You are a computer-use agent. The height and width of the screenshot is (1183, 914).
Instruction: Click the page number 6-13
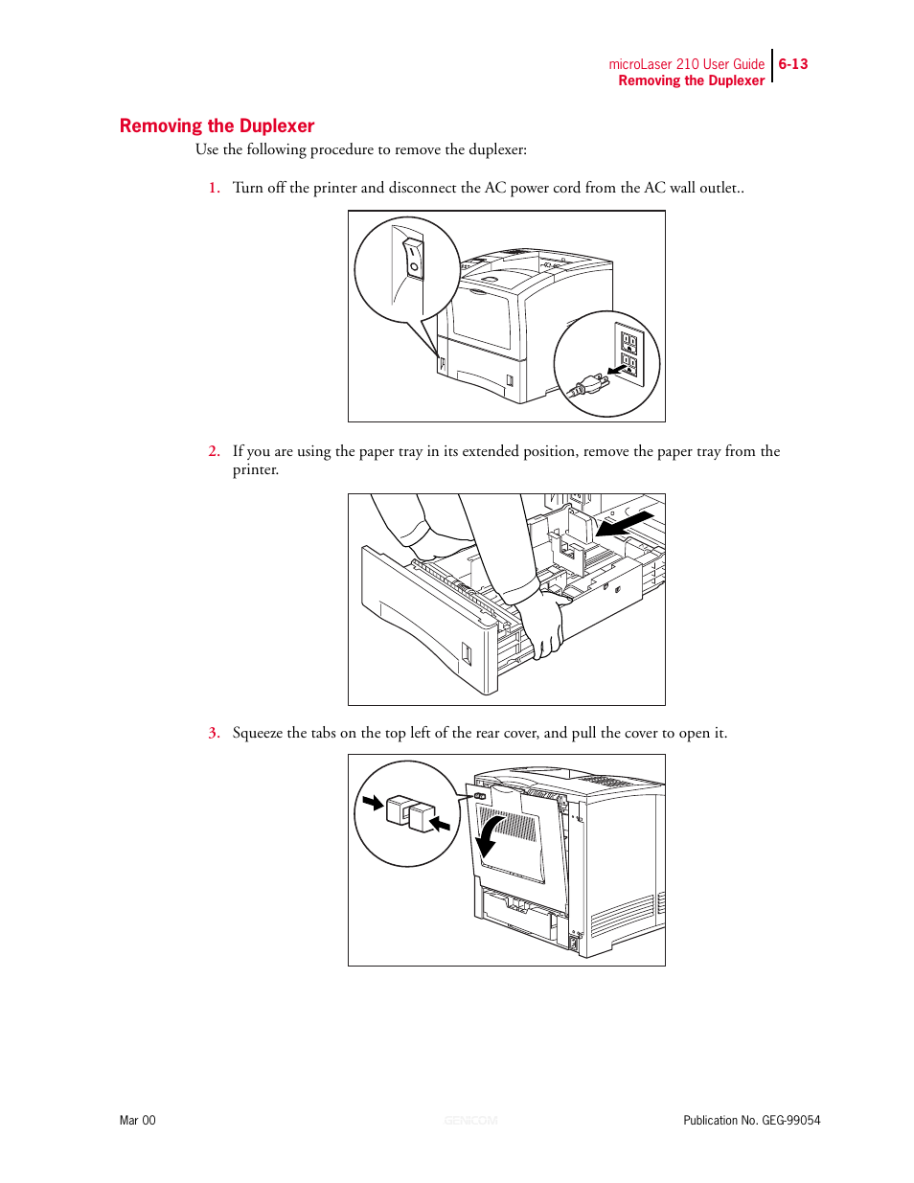(792, 64)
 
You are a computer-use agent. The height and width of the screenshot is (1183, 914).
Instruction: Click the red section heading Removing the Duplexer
(217, 125)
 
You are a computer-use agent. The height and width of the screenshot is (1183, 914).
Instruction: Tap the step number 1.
(214, 188)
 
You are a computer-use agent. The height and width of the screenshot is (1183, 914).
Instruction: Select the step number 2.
(214, 451)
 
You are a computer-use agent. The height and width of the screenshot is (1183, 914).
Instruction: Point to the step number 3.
(214, 733)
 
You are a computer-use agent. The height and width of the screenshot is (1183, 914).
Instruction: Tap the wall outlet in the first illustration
(628, 353)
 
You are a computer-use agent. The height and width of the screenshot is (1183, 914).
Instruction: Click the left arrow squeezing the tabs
(373, 802)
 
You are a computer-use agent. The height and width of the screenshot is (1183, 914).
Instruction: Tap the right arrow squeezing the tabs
(440, 823)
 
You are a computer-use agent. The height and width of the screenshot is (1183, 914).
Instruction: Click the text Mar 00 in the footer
(137, 1120)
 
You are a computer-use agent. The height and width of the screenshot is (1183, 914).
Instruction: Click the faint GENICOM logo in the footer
(470, 1120)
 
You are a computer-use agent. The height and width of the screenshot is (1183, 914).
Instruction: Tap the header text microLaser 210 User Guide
(686, 64)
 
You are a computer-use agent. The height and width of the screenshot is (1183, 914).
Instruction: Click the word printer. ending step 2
(256, 469)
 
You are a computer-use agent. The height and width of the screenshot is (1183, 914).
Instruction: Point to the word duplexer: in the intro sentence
(497, 149)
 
